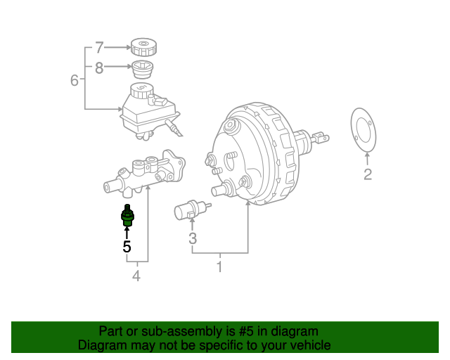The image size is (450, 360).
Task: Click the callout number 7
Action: click(99, 48)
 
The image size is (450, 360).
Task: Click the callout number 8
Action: click(99, 67)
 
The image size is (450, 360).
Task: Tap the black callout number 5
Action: click(127, 247)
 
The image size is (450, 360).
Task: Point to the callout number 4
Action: click(136, 276)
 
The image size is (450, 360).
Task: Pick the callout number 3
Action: click(193, 240)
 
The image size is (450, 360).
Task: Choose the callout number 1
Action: click(219, 267)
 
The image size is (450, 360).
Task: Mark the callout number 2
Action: click(368, 174)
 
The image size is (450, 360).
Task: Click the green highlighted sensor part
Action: click(127, 214)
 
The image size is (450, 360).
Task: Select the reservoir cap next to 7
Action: click(143, 48)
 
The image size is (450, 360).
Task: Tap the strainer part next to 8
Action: click(143, 70)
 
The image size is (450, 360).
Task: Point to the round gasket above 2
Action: click(363, 131)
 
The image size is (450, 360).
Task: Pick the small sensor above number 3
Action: click(189, 209)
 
